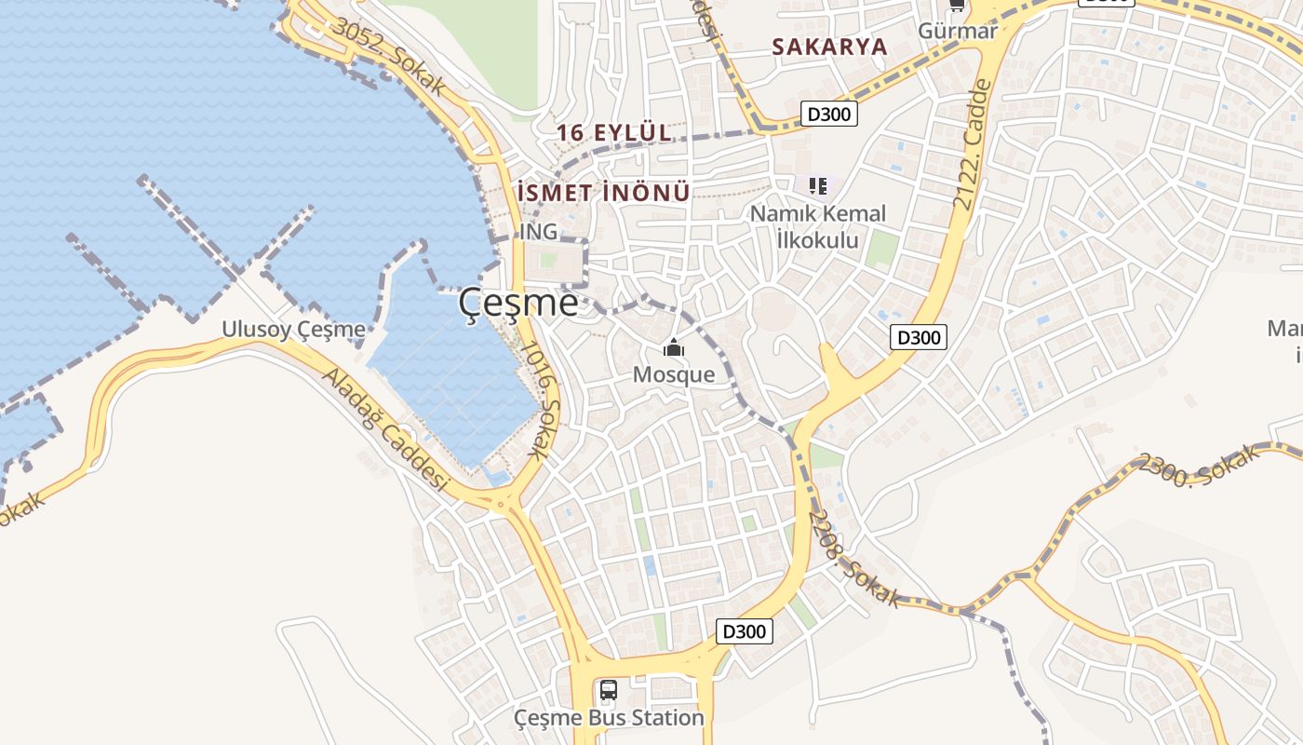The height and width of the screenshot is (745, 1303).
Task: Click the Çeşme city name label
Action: [x=518, y=304]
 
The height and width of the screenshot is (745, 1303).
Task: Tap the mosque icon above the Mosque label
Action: [x=673, y=349]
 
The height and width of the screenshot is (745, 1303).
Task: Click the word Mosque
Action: [x=674, y=375]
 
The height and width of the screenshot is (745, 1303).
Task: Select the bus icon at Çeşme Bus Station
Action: [x=609, y=690]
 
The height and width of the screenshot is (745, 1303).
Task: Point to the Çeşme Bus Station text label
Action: [x=610, y=718]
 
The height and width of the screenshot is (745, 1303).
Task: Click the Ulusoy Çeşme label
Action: [x=293, y=330]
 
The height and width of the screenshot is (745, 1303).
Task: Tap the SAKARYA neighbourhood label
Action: [x=829, y=47]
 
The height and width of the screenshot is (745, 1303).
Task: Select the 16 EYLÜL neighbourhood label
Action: [x=614, y=133]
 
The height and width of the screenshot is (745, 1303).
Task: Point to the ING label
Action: [x=539, y=231]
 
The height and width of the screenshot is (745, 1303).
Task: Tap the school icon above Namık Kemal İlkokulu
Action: [x=818, y=186]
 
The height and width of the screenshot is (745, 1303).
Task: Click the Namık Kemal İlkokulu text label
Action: [x=818, y=225]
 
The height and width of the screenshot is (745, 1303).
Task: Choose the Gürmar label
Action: [x=958, y=31]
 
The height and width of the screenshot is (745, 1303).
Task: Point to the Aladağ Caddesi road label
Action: [x=385, y=430]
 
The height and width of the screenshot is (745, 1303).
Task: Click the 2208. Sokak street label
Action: [x=854, y=559]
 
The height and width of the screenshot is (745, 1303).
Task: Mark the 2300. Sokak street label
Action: [x=1200, y=466]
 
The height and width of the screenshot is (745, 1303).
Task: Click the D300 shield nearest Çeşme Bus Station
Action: [x=746, y=631]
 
